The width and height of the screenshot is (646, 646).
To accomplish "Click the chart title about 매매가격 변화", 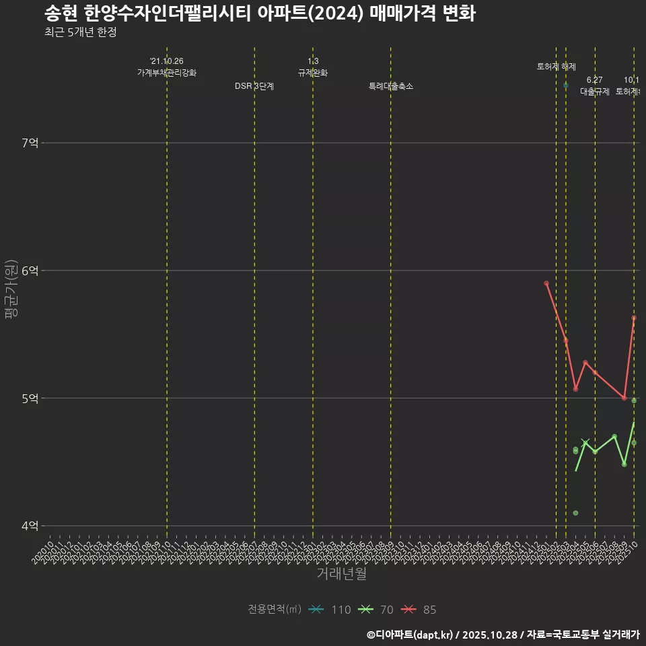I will (260, 13).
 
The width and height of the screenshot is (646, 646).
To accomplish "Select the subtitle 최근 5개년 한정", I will (80, 32).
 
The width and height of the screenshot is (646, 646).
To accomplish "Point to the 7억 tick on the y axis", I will (30, 143).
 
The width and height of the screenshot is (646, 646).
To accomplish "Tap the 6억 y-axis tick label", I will (30, 271).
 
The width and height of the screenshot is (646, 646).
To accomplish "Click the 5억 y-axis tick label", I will (30, 398).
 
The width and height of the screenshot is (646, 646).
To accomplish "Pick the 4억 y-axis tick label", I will (30, 526).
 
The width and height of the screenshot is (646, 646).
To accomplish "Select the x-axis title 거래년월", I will (341, 574).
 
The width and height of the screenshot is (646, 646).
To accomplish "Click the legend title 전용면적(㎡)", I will (274, 610).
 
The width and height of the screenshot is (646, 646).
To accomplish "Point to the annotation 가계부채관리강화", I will (167, 73).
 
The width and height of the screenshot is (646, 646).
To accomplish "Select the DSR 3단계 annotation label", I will (254, 87).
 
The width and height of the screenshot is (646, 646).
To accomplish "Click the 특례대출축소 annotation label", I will (391, 87).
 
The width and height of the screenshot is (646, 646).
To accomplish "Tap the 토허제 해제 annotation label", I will (557, 67).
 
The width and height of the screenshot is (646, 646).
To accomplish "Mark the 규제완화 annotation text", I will (313, 73).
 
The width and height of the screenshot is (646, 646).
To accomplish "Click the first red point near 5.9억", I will (546, 283).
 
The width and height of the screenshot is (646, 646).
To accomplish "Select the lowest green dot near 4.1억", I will (575, 513).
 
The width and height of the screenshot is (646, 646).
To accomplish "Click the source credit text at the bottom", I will (503, 634).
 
